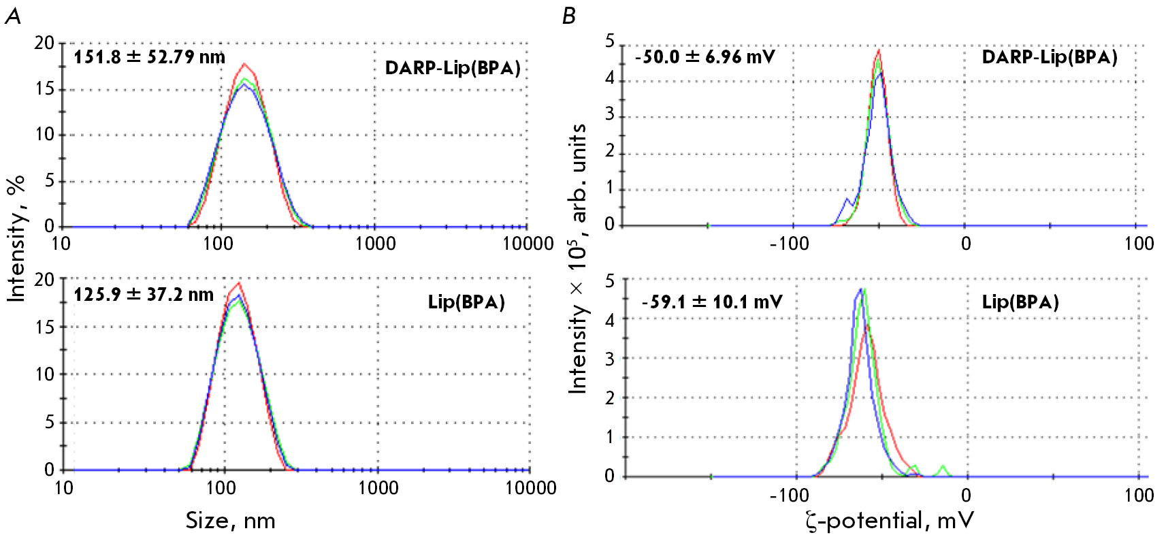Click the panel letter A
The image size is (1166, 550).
pyautogui.click(x=13, y=16)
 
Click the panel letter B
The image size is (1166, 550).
pyautogui.click(x=569, y=16)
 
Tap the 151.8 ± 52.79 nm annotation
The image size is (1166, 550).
pyautogui.click(x=149, y=56)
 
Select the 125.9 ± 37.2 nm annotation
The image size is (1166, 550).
pyautogui.click(x=144, y=295)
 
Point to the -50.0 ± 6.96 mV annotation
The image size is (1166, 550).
pyautogui.click(x=705, y=56)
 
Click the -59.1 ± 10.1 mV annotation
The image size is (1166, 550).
pyautogui.click(x=712, y=302)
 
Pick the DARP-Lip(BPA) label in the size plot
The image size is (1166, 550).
pyautogui.click(x=453, y=68)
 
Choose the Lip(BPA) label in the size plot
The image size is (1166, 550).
pyautogui.click(x=466, y=302)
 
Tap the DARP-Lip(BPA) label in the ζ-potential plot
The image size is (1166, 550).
pyautogui.click(x=1050, y=57)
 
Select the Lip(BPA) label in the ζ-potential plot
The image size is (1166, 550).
pyautogui.click(x=1020, y=302)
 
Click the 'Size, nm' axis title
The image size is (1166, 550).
pyautogui.click(x=231, y=521)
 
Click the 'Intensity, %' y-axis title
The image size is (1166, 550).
pyautogui.click(x=16, y=238)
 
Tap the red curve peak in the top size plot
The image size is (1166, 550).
pyautogui.click(x=244, y=64)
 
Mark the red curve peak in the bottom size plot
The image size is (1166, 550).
pyautogui.click(x=238, y=283)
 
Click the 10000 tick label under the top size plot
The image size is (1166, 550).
pyautogui.click(x=528, y=244)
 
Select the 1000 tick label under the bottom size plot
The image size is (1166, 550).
pyautogui.click(x=378, y=487)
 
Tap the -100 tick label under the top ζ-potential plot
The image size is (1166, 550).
pyautogui.click(x=789, y=244)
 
